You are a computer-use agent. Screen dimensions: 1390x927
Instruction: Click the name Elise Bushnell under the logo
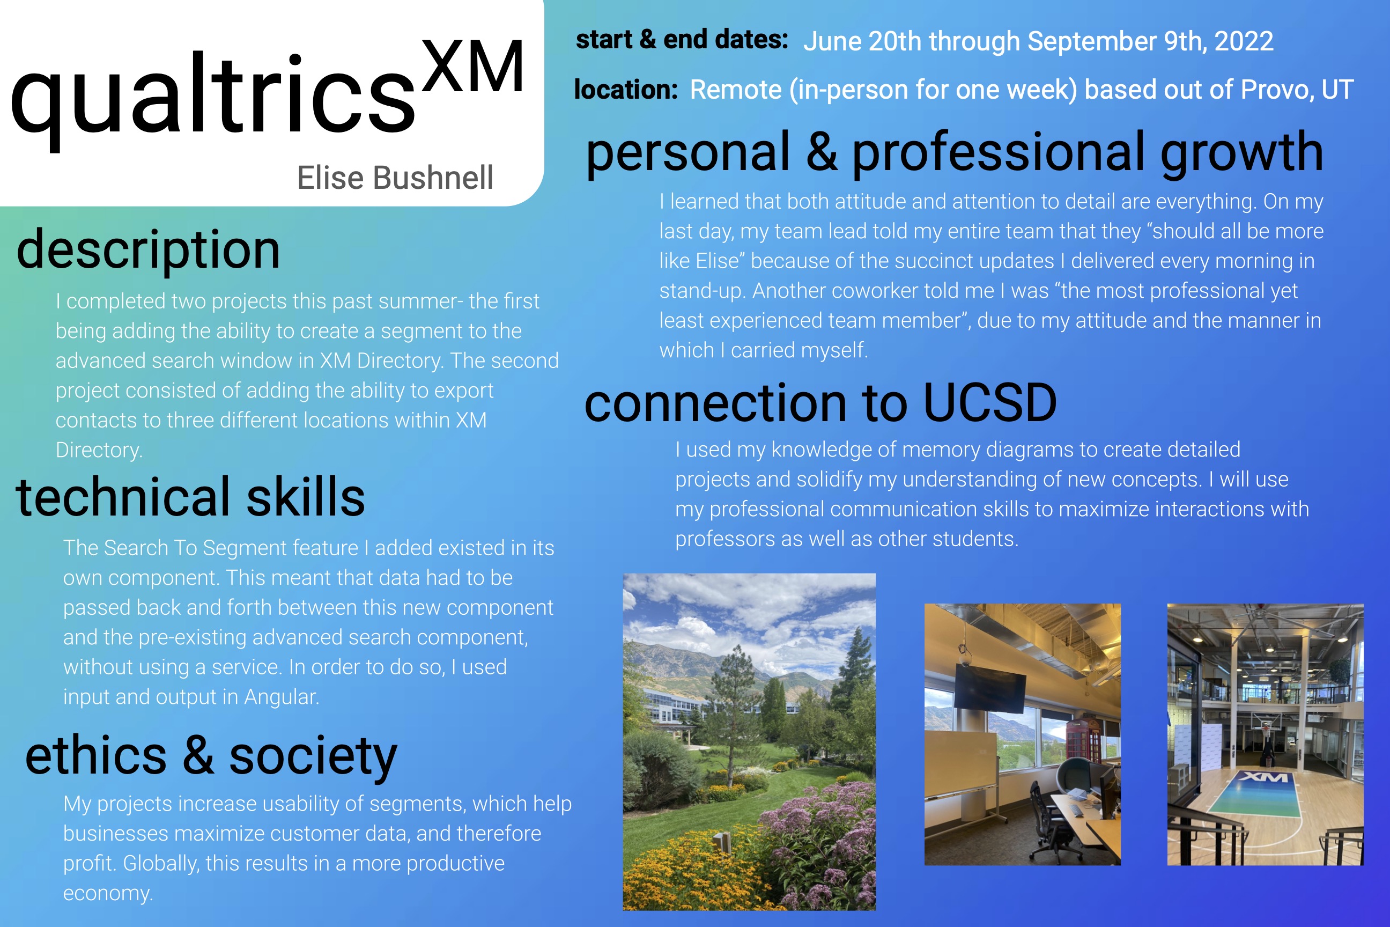pyautogui.click(x=395, y=178)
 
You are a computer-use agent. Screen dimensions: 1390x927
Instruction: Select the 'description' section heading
pyautogui.click(x=149, y=251)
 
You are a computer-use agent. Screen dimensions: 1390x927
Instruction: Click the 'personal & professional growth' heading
pyautogui.click(x=954, y=152)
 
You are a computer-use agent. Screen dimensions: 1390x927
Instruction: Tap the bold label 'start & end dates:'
pyautogui.click(x=682, y=40)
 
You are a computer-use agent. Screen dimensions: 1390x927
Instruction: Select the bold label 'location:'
pyautogui.click(x=626, y=89)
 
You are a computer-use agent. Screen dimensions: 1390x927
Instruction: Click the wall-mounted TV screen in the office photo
pyautogui.click(x=990, y=688)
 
